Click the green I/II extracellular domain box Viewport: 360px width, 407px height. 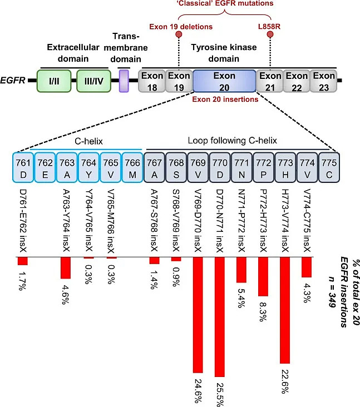pos(54,81)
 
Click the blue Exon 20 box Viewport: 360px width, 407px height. pos(224,81)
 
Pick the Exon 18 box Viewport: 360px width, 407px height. pos(151,81)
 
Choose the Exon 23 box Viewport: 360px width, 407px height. pos(323,81)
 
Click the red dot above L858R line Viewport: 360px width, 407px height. pos(270,35)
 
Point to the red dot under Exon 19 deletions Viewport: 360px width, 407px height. pos(179,35)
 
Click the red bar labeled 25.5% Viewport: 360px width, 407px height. pos(219,316)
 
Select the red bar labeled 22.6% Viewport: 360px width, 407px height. pos(285,310)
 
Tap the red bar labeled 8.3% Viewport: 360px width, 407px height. pos(263,277)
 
